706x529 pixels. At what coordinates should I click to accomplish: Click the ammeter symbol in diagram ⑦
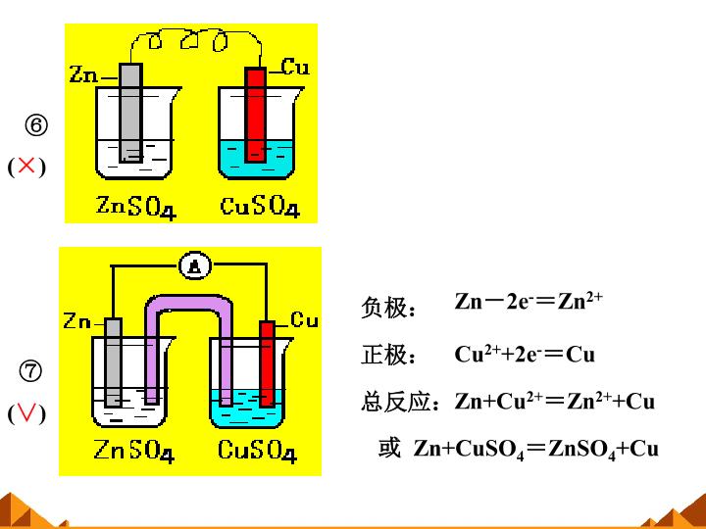pyautogui.click(x=194, y=266)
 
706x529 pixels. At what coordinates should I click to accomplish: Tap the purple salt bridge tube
pyautogui.click(x=188, y=303)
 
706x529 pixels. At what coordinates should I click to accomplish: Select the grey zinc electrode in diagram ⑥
pyautogui.click(x=131, y=113)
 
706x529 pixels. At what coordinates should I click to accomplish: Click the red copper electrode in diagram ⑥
pyautogui.click(x=255, y=115)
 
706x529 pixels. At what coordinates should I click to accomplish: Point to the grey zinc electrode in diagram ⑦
pyautogui.click(x=113, y=362)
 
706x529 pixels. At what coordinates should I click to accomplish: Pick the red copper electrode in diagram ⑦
pyautogui.click(x=267, y=363)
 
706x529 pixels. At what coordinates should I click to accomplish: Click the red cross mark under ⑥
pyautogui.click(x=26, y=166)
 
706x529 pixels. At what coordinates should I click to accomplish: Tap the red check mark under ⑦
pyautogui.click(x=26, y=412)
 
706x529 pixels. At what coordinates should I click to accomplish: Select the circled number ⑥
pyautogui.click(x=36, y=125)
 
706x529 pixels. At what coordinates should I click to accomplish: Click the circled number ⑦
pyautogui.click(x=30, y=371)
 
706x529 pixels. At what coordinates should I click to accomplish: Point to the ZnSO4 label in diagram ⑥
pyautogui.click(x=136, y=208)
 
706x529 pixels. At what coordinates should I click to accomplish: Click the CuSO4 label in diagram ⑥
pyautogui.click(x=260, y=207)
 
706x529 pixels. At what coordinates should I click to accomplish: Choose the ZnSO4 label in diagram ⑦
pyautogui.click(x=133, y=451)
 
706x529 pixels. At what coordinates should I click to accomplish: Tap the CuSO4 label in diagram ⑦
pyautogui.click(x=257, y=451)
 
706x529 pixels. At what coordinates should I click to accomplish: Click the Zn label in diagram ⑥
pyautogui.click(x=83, y=74)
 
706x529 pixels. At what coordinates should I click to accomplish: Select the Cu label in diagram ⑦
pyautogui.click(x=304, y=319)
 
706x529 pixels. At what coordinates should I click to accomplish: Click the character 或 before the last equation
pyautogui.click(x=389, y=448)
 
